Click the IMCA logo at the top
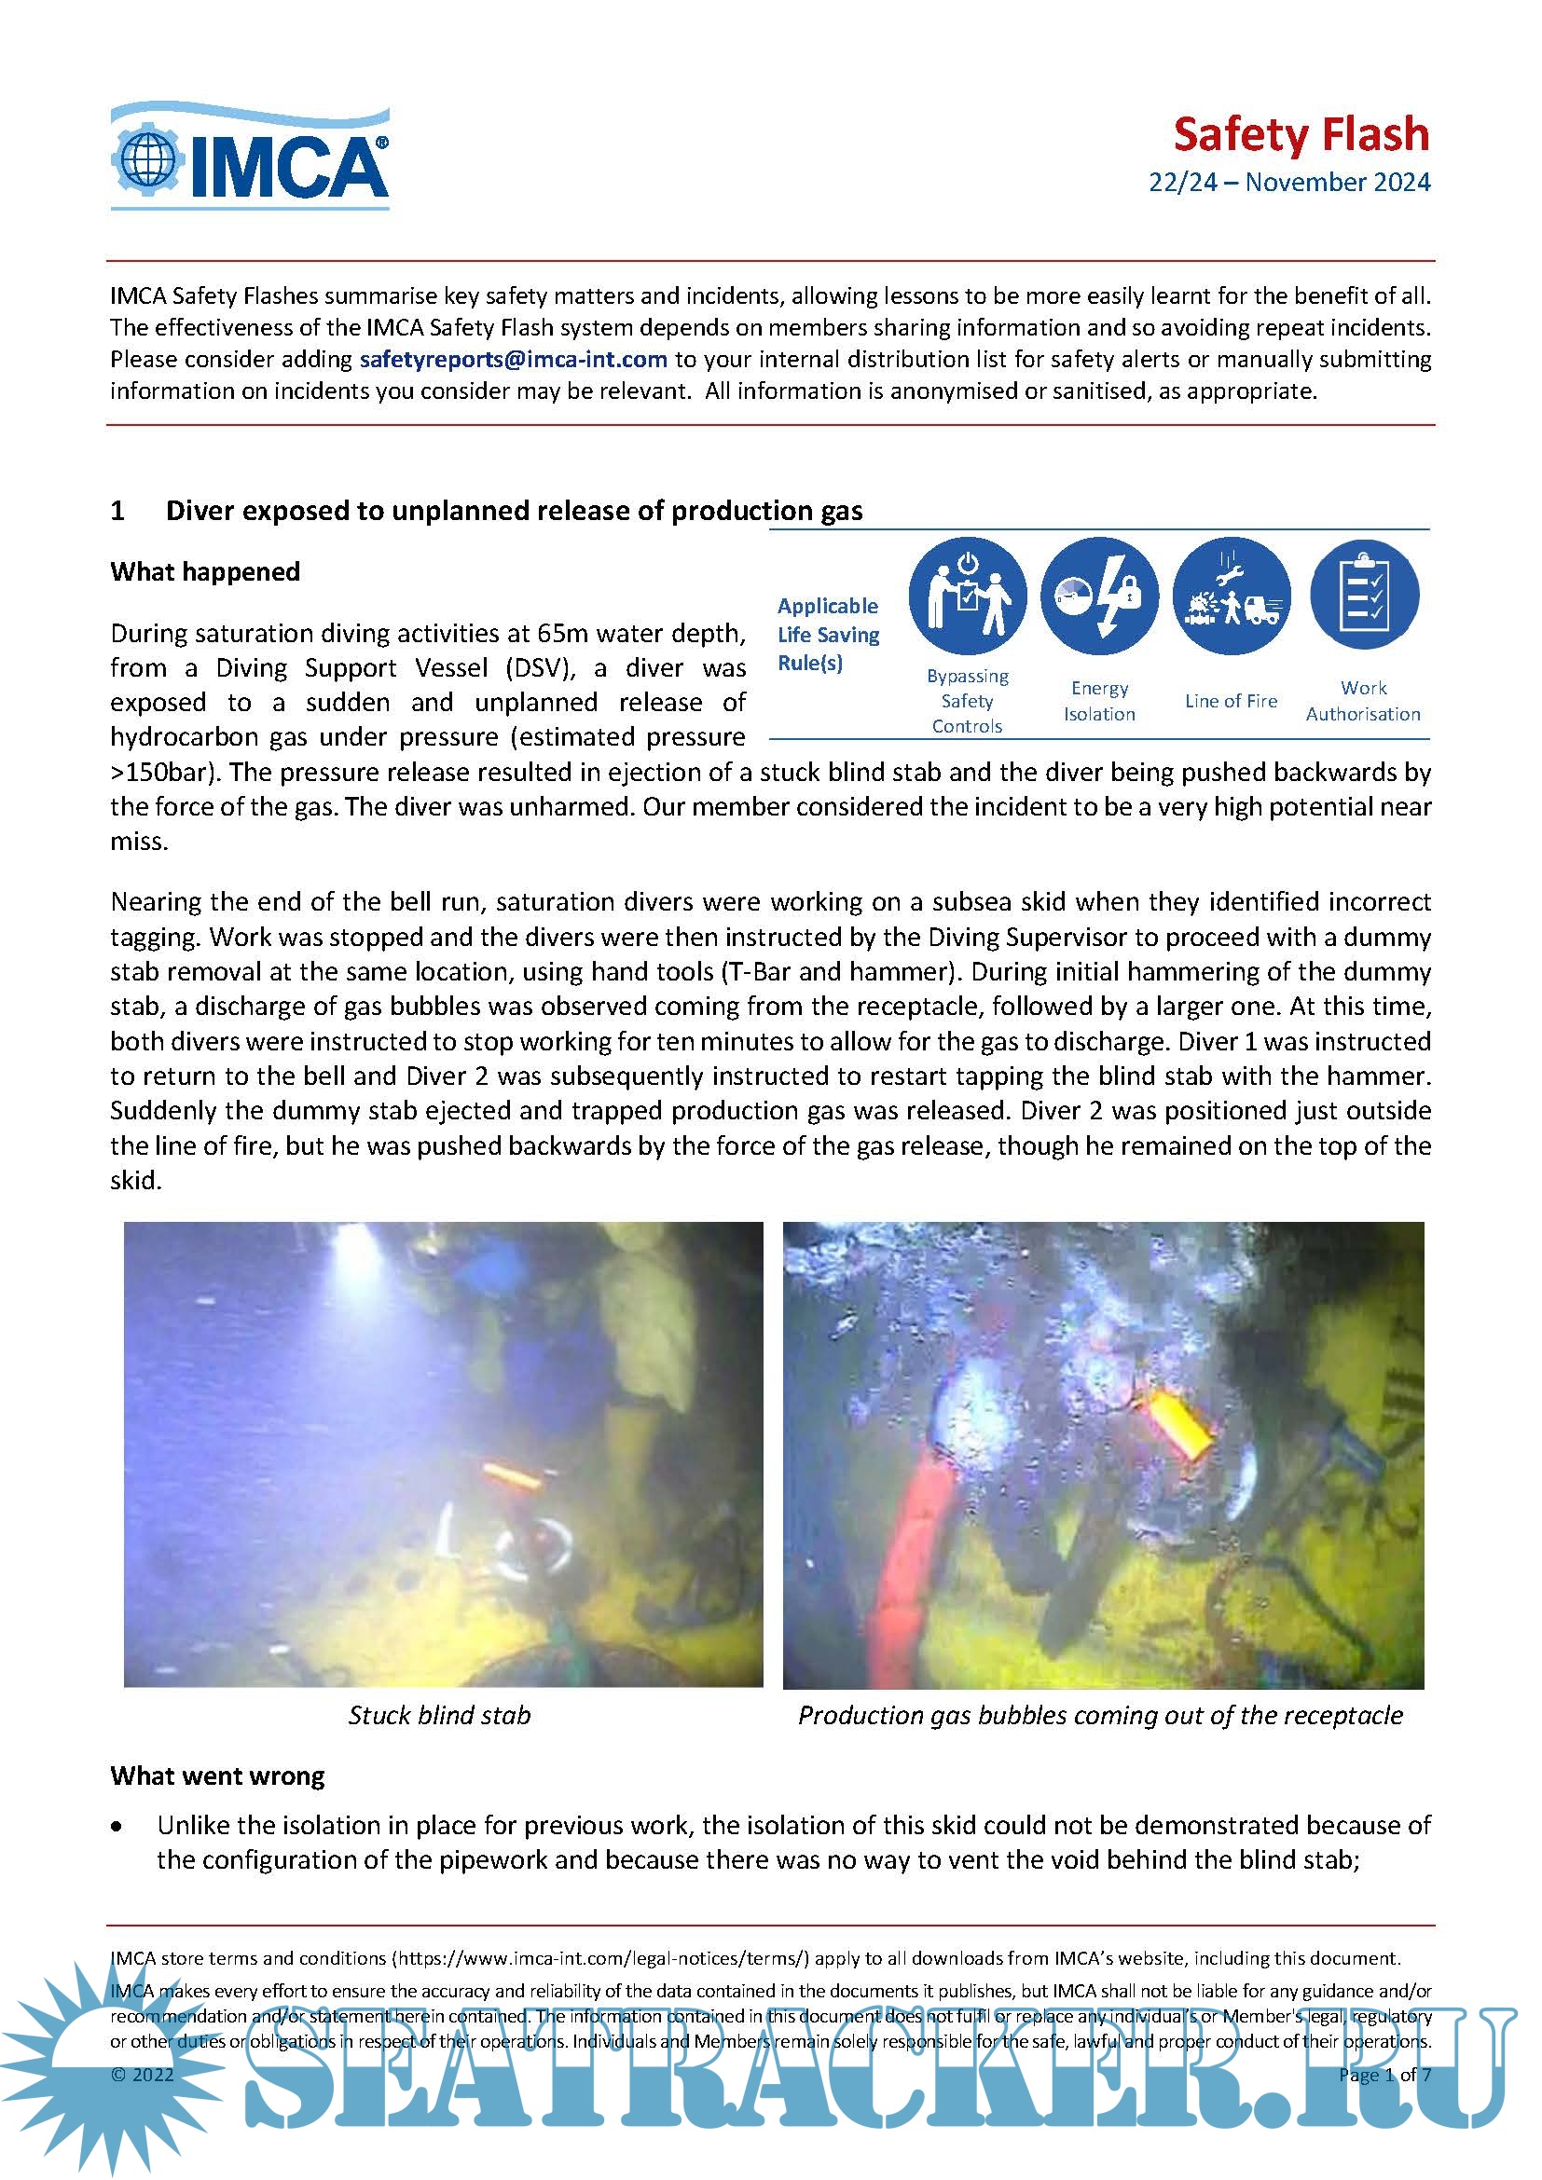pyautogui.click(x=250, y=157)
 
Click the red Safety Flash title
pyautogui.click(x=1301, y=135)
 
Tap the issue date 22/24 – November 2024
pyautogui.click(x=1288, y=183)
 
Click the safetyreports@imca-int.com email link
pyautogui.click(x=513, y=360)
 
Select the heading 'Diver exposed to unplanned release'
pyautogui.click(x=514, y=511)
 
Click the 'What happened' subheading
pyautogui.click(x=205, y=571)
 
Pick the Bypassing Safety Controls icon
pyautogui.click(x=967, y=596)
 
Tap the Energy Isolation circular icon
pyautogui.click(x=1098, y=596)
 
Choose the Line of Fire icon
pyautogui.click(x=1231, y=596)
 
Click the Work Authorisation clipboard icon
pyautogui.click(x=1364, y=596)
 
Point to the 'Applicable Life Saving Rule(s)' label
pyautogui.click(x=828, y=635)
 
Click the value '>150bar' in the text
pyautogui.click(x=166, y=772)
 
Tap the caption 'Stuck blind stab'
pyautogui.click(x=439, y=1715)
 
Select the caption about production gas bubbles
pyautogui.click(x=1099, y=1715)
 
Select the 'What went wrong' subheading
pyautogui.click(x=217, y=1776)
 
